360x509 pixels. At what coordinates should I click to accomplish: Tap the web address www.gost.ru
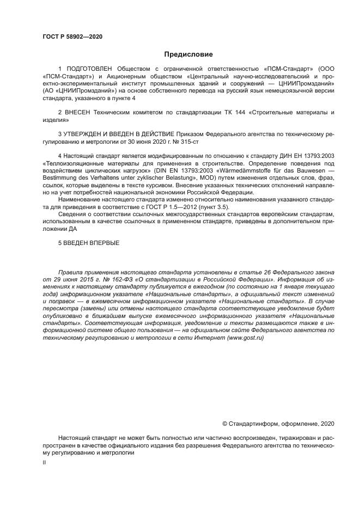pos(245,338)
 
